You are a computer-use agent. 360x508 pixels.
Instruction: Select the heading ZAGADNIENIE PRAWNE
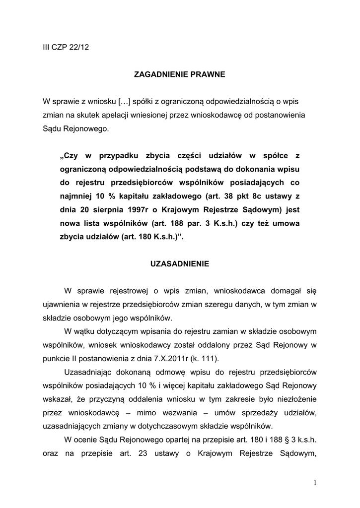click(180, 74)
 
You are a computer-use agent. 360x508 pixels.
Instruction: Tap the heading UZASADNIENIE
click(180, 264)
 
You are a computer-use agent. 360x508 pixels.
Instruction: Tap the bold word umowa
click(287, 223)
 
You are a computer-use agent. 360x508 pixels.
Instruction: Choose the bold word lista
click(87, 223)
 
